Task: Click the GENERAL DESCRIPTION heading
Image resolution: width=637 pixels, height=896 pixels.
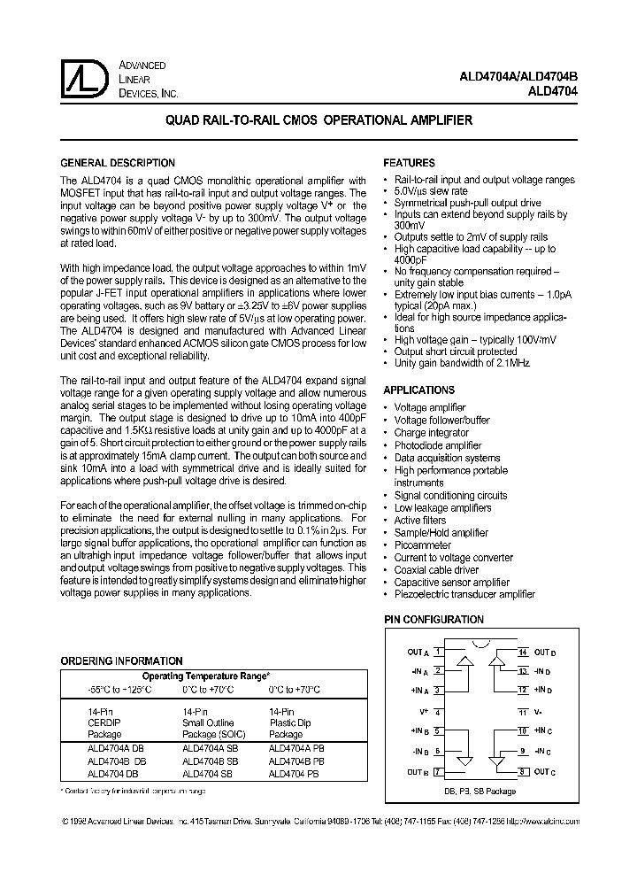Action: pyautogui.click(x=117, y=164)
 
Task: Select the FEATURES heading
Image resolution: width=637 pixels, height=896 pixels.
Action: pyautogui.click(x=409, y=164)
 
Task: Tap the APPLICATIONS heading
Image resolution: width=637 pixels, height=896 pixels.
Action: pyautogui.click(x=418, y=390)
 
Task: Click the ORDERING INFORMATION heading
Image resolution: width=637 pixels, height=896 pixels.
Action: pyautogui.click(x=121, y=661)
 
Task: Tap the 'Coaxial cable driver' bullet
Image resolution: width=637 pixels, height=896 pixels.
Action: pyautogui.click(x=436, y=570)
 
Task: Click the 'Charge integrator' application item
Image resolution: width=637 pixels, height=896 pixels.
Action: pyautogui.click(x=432, y=434)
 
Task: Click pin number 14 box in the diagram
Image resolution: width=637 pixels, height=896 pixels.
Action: pyautogui.click(x=523, y=652)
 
